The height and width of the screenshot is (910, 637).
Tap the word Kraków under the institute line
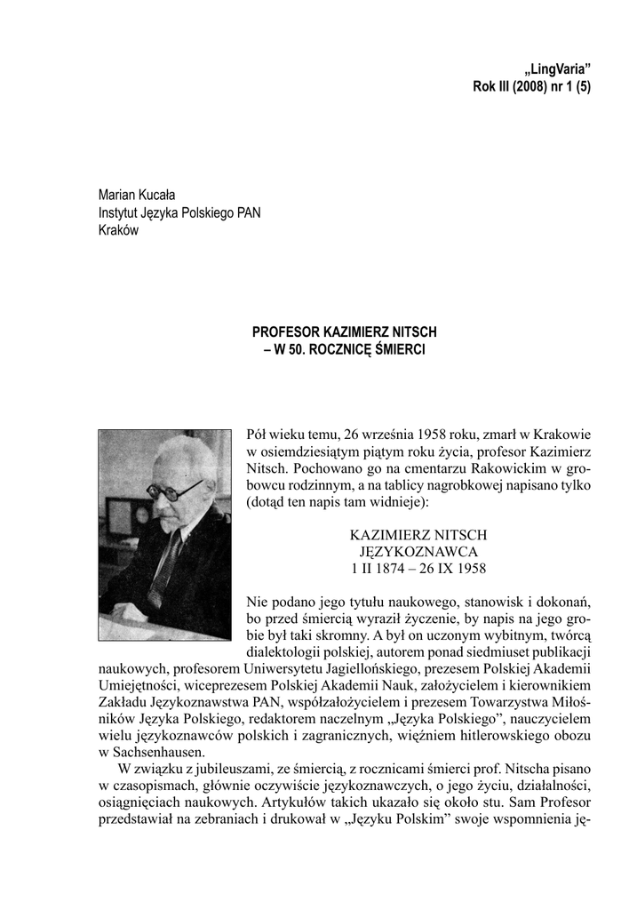pos(118,231)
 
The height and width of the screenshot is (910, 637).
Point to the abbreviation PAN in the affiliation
pos(246,213)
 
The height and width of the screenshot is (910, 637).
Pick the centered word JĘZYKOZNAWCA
pos(418,552)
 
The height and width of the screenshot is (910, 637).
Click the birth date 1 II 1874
pos(384,569)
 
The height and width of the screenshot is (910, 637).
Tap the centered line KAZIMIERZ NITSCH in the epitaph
pos(418,535)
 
